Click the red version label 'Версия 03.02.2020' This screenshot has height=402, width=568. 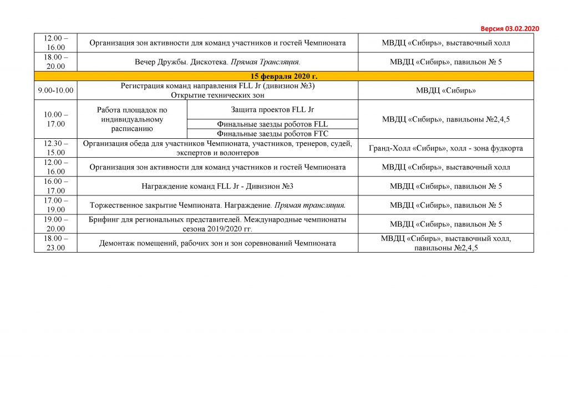[x=509, y=29]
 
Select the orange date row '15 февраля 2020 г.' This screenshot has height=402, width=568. [x=283, y=76]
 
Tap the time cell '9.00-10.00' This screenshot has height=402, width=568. [x=55, y=90]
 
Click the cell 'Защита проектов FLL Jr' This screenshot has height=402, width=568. [x=272, y=109]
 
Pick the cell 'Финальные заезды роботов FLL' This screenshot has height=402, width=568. [x=272, y=124]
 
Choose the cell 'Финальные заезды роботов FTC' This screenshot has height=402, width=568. [x=272, y=133]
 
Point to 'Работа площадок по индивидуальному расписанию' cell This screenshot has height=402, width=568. [x=132, y=119]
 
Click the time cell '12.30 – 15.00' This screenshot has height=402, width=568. [x=55, y=148]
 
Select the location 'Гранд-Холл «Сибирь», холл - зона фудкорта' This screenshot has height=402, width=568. [x=445, y=148]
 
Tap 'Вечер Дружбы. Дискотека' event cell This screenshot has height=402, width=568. [x=217, y=62]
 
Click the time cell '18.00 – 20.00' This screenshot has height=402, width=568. [x=55, y=62]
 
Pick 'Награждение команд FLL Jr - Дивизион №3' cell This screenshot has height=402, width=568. [x=217, y=186]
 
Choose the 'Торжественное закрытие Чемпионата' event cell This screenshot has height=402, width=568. [x=217, y=205]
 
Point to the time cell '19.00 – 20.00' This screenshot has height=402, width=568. [x=55, y=224]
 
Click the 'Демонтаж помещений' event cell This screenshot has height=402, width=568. [x=217, y=243]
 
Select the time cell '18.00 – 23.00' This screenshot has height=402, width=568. [x=55, y=243]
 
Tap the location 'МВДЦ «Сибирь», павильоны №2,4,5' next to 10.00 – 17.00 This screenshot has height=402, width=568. [x=445, y=119]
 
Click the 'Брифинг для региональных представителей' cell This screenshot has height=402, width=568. [x=217, y=224]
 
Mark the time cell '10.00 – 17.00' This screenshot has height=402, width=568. [x=55, y=119]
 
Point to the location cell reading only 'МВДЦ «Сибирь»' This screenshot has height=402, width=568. [x=445, y=90]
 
